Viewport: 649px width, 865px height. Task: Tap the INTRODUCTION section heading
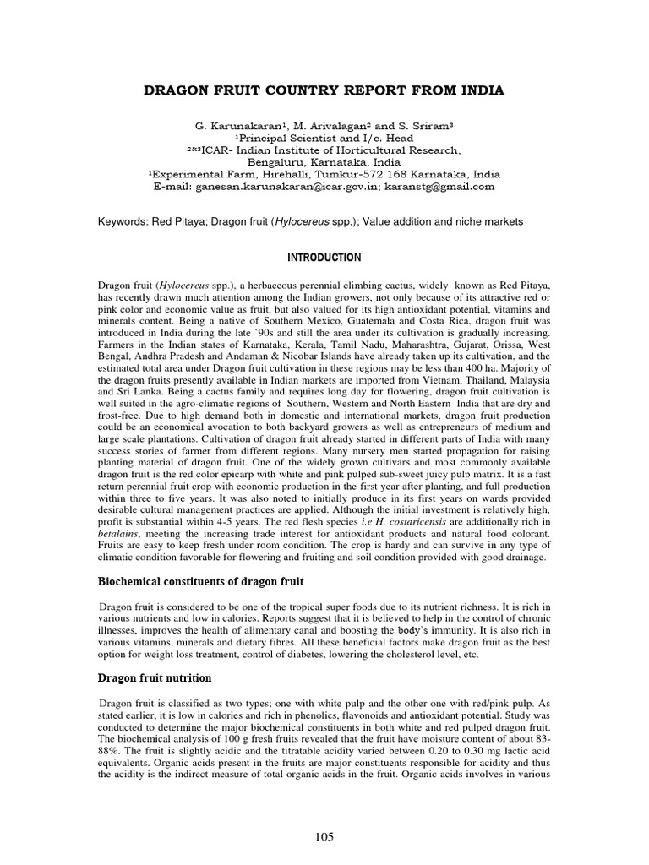click(x=324, y=258)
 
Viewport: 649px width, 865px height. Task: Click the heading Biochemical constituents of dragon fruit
click(x=201, y=583)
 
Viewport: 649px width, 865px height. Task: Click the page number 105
click(x=324, y=837)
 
